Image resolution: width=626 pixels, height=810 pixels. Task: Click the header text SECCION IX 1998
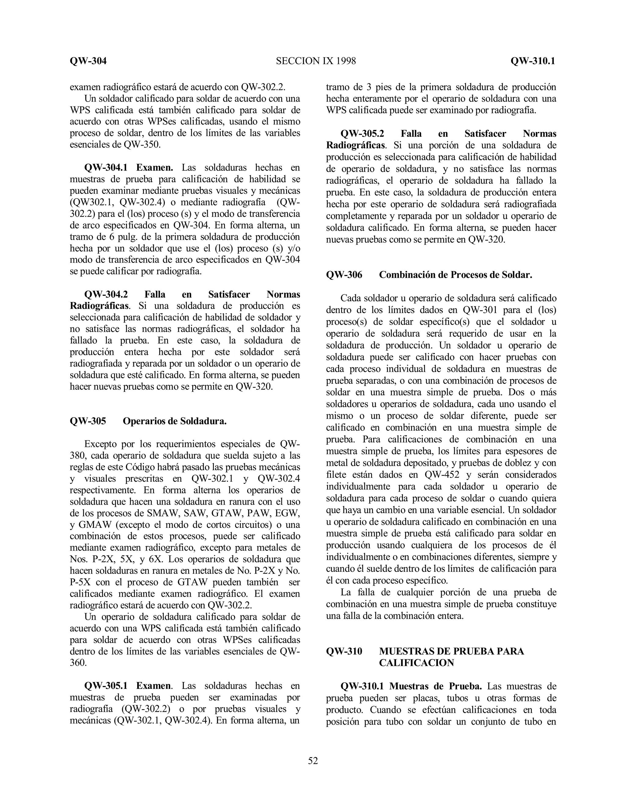pos(315,61)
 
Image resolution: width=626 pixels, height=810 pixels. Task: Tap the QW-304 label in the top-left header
pos(88,61)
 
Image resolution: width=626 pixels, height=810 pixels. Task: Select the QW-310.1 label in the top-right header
pos(532,61)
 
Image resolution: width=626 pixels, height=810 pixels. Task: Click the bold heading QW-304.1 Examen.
pos(129,168)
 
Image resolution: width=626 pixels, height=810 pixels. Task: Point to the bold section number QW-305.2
pos(362,134)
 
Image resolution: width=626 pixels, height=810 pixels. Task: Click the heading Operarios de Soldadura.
pos(174,421)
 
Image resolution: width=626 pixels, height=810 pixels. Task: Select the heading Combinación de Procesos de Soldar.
pos(455,275)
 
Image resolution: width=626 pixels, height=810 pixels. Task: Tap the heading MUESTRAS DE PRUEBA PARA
pos(451,651)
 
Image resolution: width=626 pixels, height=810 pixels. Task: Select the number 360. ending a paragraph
pos(78,663)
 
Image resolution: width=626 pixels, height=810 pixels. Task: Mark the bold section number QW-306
pos(344,275)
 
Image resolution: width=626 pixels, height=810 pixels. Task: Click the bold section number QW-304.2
pos(106,294)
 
